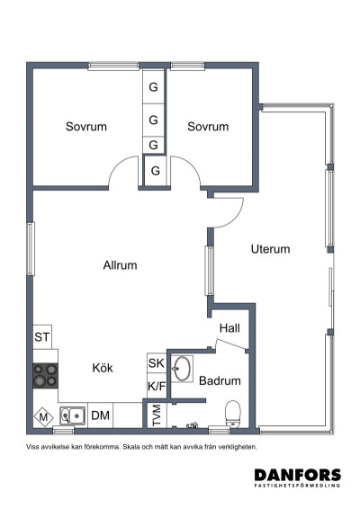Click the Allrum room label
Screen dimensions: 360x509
click(120, 265)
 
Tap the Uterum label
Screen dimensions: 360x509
click(270, 249)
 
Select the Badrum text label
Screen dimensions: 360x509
click(220, 380)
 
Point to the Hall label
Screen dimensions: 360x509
click(229, 328)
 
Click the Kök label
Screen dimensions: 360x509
click(103, 368)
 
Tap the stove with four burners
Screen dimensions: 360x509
click(46, 376)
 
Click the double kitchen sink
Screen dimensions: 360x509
click(73, 415)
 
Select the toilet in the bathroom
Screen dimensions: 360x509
click(232, 414)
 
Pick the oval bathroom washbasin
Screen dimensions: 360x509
click(182, 369)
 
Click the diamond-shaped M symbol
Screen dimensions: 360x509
click(43, 416)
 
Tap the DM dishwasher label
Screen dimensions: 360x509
click(100, 415)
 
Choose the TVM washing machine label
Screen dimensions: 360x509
click(157, 415)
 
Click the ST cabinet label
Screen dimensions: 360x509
click(42, 337)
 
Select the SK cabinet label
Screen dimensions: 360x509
click(157, 363)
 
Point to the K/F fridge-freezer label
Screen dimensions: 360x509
click(157, 387)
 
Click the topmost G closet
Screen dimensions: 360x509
click(153, 86)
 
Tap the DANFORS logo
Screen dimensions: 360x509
click(298, 478)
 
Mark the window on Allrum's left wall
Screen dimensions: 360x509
click(31, 249)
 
